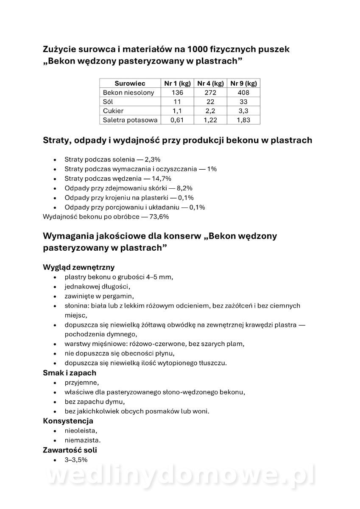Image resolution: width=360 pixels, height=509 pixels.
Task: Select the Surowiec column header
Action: coord(130,84)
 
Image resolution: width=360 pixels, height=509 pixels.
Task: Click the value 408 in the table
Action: coord(243,92)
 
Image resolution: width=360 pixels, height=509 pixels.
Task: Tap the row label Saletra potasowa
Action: coord(130,120)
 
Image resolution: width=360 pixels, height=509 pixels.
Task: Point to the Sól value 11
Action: coord(177,102)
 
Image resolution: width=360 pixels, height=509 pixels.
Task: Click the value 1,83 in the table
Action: coord(243,120)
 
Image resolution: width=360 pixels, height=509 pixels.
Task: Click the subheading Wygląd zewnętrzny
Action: coord(79,267)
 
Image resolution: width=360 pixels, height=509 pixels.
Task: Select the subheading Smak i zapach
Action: coord(70,373)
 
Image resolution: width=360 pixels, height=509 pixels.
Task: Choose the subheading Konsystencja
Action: coord(68,421)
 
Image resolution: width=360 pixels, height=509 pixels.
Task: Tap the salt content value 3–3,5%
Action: coord(76,459)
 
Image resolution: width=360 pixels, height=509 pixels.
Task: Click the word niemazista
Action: coord(82,440)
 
